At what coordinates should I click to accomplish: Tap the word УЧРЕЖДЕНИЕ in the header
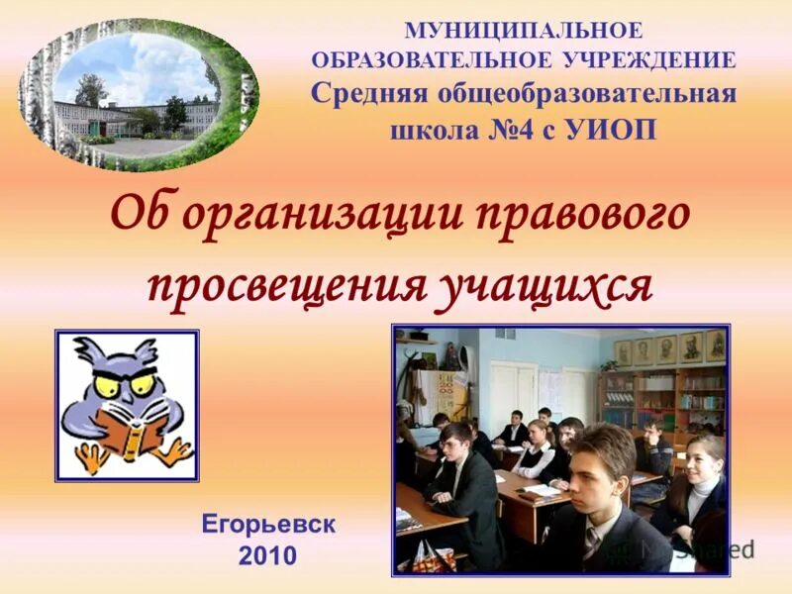pos(649,60)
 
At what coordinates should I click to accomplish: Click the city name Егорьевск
pos(268,524)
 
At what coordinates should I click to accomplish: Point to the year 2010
pos(267,555)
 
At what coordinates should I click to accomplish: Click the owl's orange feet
pos(129,456)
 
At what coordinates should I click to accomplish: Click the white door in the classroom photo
pos(513,390)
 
